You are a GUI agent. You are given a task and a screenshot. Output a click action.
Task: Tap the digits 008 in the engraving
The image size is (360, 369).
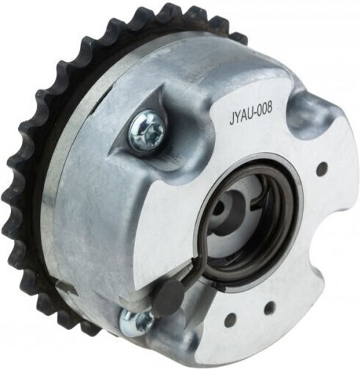266,111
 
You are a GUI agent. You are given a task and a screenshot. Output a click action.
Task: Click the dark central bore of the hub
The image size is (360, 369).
220,206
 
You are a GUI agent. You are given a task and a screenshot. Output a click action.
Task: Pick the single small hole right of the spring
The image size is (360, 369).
323,168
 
